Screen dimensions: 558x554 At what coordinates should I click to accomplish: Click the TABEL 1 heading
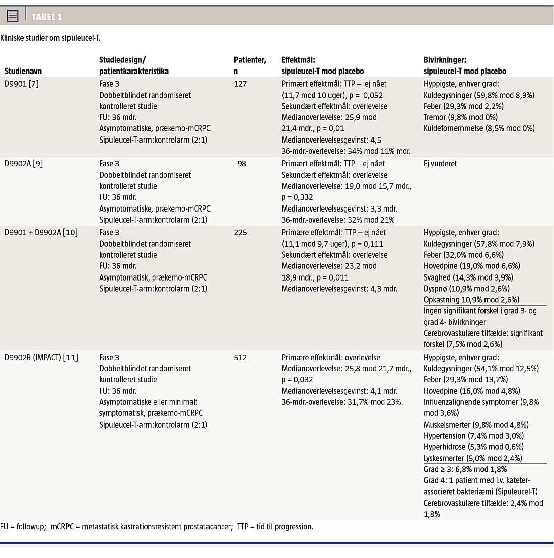47,17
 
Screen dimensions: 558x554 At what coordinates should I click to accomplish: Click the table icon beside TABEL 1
13,16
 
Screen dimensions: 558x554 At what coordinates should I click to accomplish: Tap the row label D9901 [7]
21,84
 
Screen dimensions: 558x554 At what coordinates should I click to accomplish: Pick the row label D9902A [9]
23,163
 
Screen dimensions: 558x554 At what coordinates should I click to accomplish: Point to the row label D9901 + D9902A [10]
41,232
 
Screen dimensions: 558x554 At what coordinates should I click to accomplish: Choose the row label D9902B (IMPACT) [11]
41,357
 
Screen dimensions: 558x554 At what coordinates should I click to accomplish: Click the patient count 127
240,84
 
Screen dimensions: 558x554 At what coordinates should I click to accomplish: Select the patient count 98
242,163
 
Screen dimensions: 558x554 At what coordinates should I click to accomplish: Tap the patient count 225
240,232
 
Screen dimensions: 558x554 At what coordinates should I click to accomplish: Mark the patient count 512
240,357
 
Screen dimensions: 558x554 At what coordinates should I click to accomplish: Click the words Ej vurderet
440,163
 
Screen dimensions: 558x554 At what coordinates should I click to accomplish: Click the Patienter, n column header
250,65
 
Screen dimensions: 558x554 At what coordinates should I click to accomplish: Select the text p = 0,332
297,197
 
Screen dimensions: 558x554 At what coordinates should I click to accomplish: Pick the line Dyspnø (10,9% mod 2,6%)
466,289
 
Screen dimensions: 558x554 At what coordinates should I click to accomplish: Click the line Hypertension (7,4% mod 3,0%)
473,436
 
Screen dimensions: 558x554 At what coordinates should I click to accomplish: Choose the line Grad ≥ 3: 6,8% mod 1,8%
465,469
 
